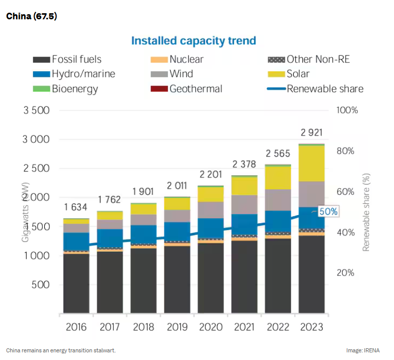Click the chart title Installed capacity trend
click(x=193, y=41)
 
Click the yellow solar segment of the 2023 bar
click(x=312, y=163)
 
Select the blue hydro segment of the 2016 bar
click(x=76, y=241)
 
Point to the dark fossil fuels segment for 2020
click(x=211, y=277)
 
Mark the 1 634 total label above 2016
click(x=76, y=207)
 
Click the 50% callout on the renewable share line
click(x=328, y=212)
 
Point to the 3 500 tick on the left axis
click(x=36, y=110)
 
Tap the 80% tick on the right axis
click(x=348, y=151)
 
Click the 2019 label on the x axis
click(x=177, y=327)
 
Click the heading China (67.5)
click(x=32, y=16)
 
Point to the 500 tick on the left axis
click(x=40, y=284)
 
